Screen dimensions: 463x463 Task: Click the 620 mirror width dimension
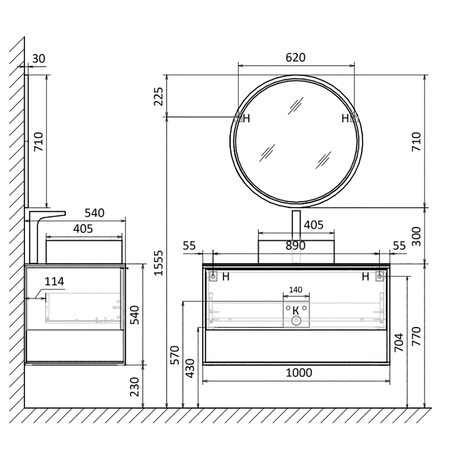pyautogui.click(x=296, y=57)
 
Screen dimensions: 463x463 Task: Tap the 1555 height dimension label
pyautogui.click(x=159, y=263)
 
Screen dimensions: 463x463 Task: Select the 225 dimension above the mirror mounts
pyautogui.click(x=159, y=96)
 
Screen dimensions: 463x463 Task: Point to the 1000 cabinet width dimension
pyautogui.click(x=299, y=373)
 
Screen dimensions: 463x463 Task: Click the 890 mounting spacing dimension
pyautogui.click(x=296, y=245)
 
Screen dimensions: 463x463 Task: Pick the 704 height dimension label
pyautogui.click(x=399, y=342)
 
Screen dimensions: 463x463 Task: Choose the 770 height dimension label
pyautogui.click(x=416, y=336)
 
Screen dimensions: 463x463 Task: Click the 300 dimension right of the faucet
pyautogui.click(x=416, y=237)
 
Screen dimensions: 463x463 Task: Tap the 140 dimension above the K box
pyautogui.click(x=296, y=290)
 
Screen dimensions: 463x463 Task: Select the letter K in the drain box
pyautogui.click(x=296, y=311)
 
